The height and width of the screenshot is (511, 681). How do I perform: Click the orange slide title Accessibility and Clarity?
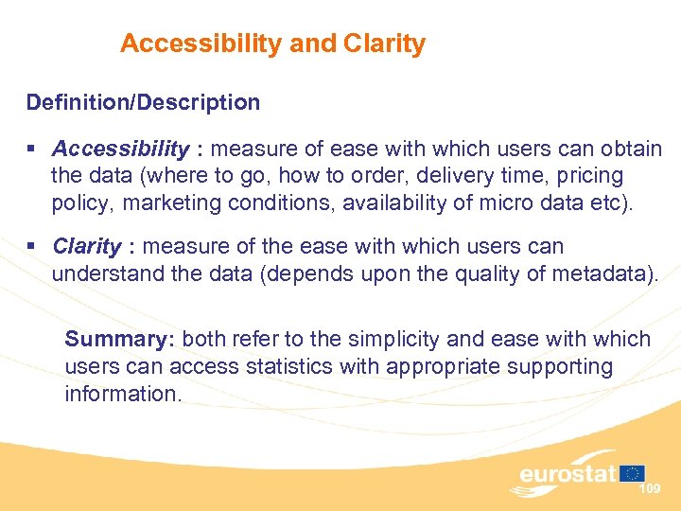click(272, 44)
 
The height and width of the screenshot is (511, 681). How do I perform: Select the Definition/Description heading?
click(143, 101)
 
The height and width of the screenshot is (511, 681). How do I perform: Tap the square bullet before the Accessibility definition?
click(32, 150)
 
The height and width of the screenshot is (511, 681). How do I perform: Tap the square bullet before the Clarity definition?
click(32, 247)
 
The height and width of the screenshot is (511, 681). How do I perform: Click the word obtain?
click(630, 150)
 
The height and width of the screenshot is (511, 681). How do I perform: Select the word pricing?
click(590, 176)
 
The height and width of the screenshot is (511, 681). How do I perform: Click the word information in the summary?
click(121, 393)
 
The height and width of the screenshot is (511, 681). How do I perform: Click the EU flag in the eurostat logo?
click(633, 472)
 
